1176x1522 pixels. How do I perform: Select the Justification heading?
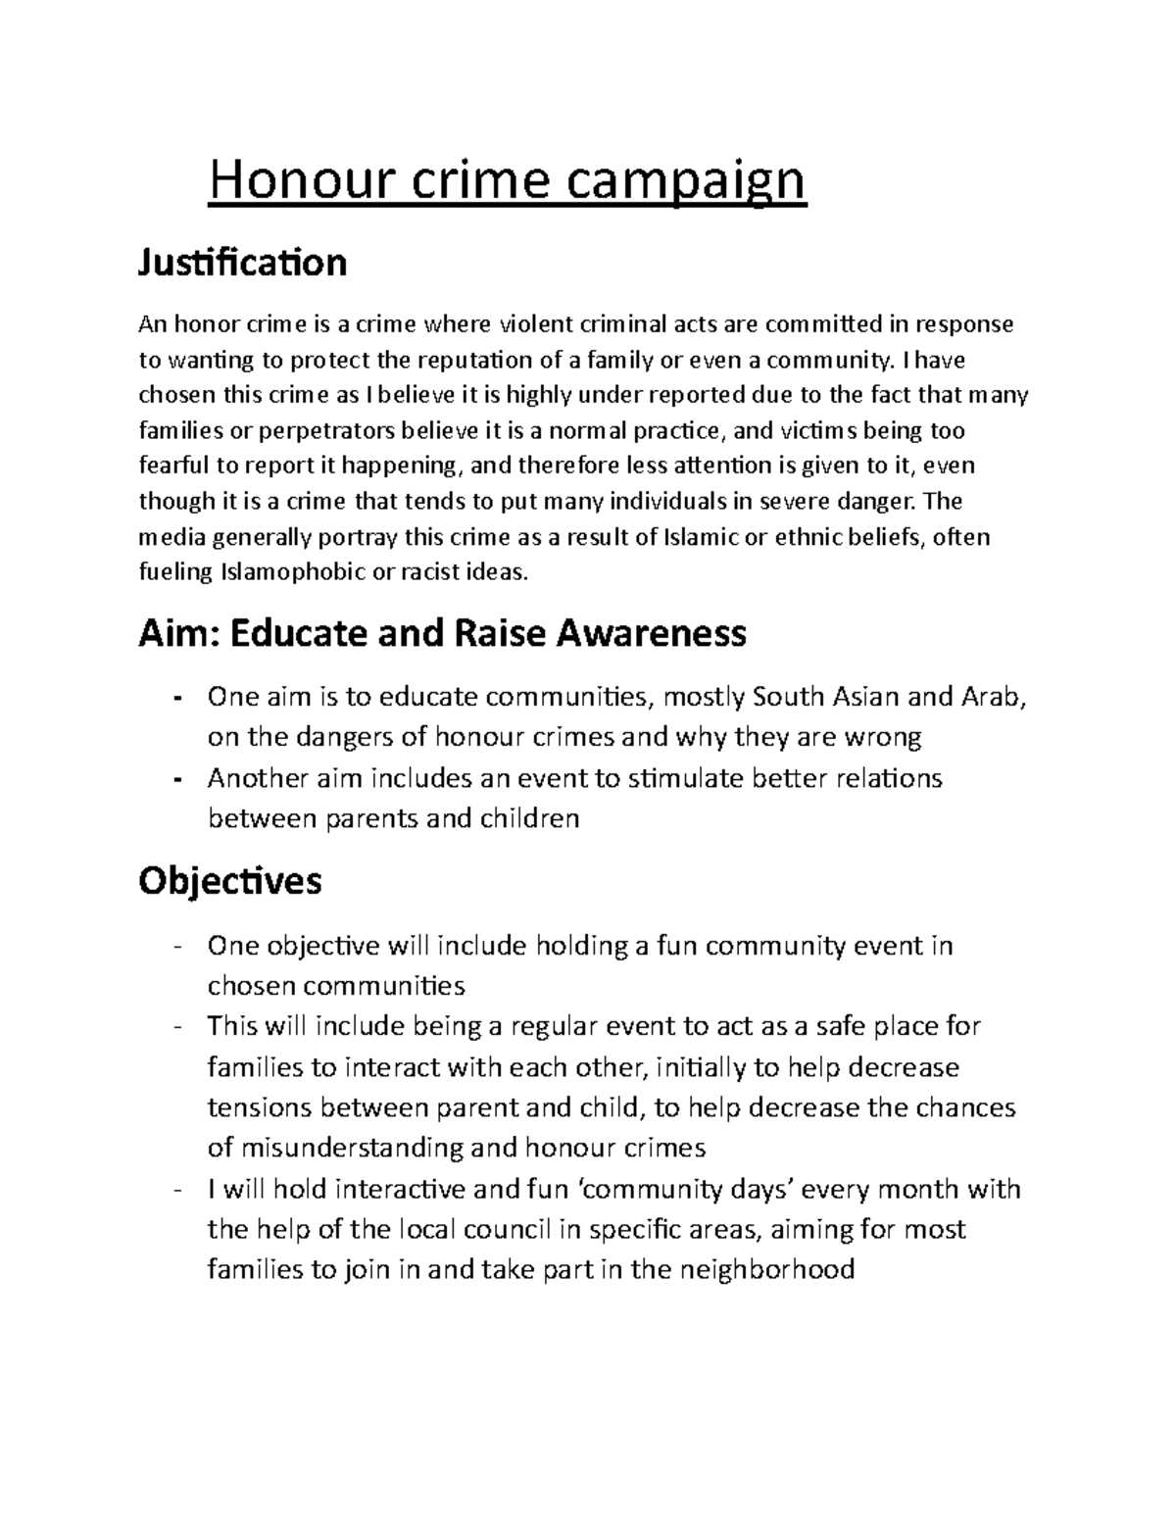[242, 263]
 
